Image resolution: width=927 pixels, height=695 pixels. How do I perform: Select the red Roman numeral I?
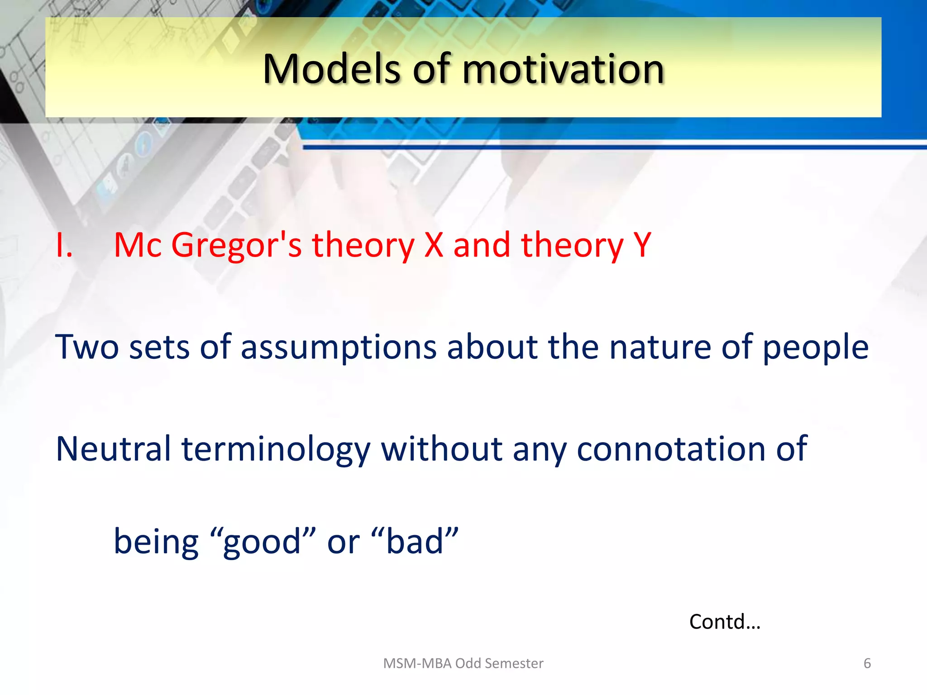pyautogui.click(x=64, y=245)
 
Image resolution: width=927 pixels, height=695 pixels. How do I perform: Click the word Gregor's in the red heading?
pyautogui.click(x=236, y=245)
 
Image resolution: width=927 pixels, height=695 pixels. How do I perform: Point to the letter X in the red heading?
pyautogui.click(x=434, y=245)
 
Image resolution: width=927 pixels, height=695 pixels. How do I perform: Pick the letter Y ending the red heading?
pyautogui.click(x=642, y=245)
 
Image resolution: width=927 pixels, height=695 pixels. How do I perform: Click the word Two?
pyautogui.click(x=87, y=347)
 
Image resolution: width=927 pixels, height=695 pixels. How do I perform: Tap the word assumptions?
pyautogui.click(x=339, y=347)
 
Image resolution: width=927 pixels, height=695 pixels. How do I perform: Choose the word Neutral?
pyautogui.click(x=113, y=449)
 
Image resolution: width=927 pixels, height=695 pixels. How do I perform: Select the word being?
pyautogui.click(x=156, y=542)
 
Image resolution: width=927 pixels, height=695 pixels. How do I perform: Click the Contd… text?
pyautogui.click(x=725, y=622)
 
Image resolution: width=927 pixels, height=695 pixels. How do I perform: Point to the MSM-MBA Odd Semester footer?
pyautogui.click(x=463, y=663)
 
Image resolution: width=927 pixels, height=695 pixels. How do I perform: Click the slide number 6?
pyautogui.click(x=867, y=663)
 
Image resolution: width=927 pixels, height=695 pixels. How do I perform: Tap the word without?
pyautogui.click(x=442, y=449)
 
